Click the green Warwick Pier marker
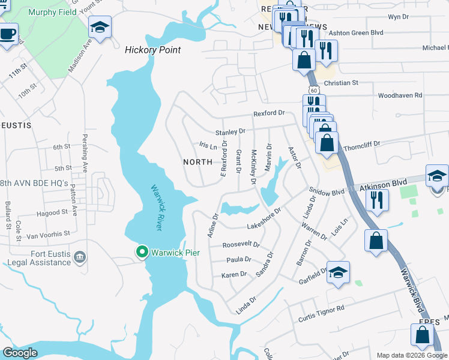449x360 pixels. [x=142, y=252]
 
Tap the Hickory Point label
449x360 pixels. [x=152, y=50]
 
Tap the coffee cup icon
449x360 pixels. [x=7, y=34]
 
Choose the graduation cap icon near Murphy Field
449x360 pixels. [x=99, y=27]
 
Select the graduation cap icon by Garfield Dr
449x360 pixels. [x=338, y=272]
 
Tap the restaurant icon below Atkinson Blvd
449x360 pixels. [x=376, y=199]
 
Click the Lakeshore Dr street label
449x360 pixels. [x=264, y=221]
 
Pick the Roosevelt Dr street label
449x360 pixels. [x=241, y=245]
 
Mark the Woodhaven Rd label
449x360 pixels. [x=400, y=95]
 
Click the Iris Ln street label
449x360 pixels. [x=208, y=146]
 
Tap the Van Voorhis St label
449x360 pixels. [x=43, y=233]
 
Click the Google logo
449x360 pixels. [x=20, y=353]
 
